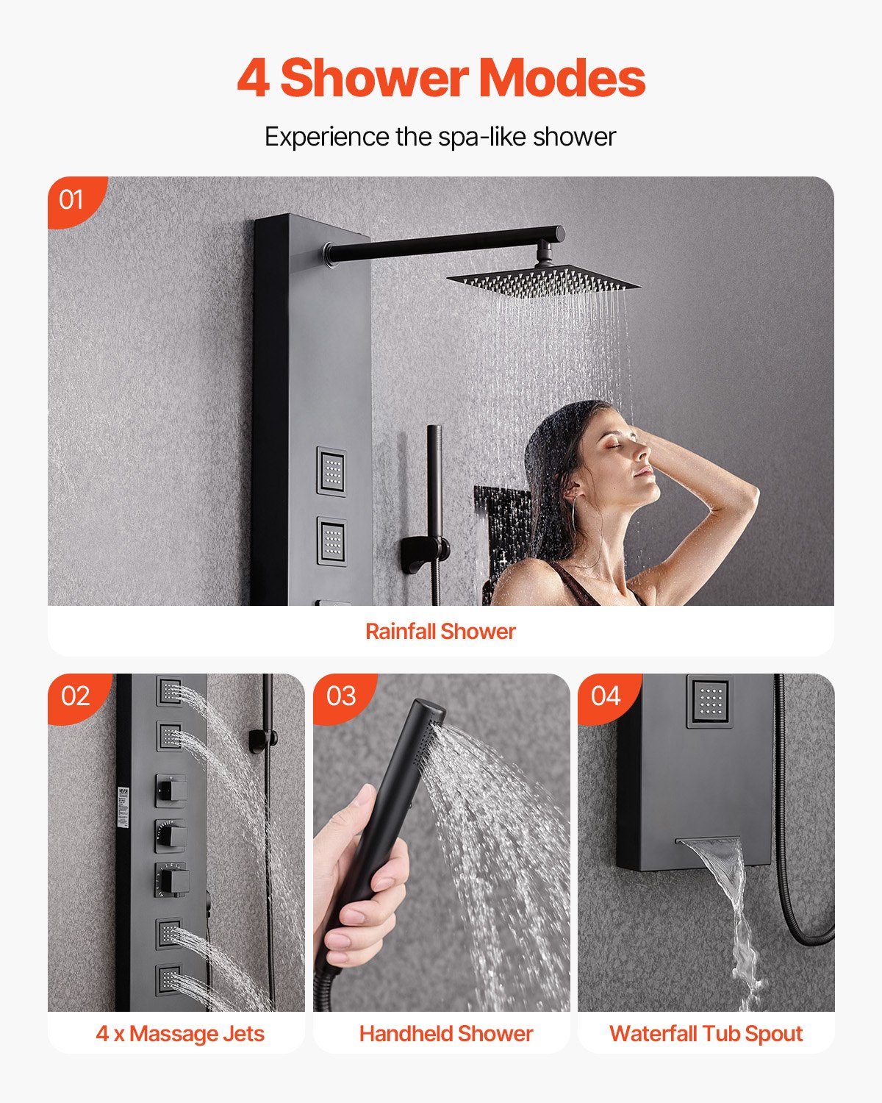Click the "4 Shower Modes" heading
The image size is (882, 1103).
pos(441,78)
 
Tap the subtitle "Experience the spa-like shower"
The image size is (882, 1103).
pos(440,137)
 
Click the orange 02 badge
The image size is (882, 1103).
pos(76,696)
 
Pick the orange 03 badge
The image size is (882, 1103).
pos(341,696)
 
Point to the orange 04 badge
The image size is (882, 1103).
pos(606,696)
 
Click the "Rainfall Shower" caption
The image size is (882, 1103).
pos(440,631)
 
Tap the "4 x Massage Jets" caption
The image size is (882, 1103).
pos(179,1033)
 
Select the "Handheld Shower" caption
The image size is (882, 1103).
pos(445,1033)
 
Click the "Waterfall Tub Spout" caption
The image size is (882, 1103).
pos(706,1033)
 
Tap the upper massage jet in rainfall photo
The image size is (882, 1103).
pos(331,471)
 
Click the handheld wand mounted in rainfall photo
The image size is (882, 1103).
pos(434,485)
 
